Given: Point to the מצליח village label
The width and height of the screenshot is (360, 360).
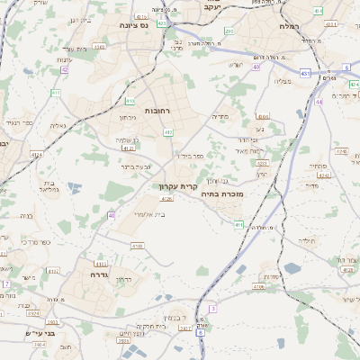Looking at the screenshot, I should coord(282,82).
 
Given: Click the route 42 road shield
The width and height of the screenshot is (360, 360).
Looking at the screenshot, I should coord(65,68).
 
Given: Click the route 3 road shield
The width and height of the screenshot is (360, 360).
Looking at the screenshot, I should coord(212,308).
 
